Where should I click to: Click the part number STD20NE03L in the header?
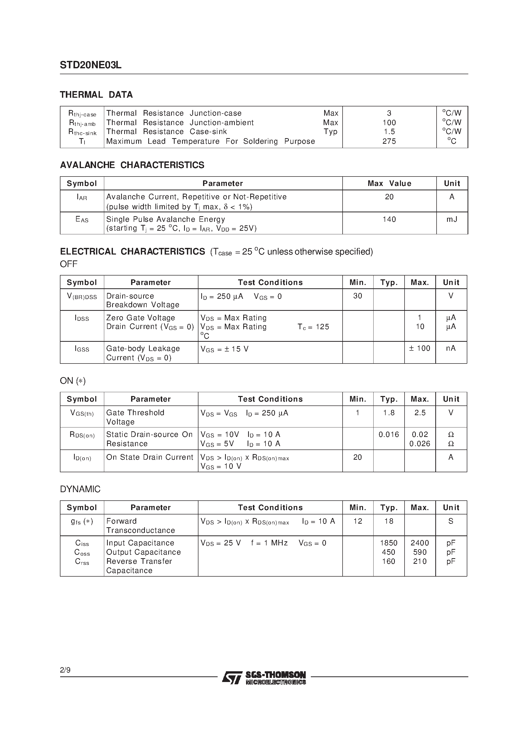pos(90,65)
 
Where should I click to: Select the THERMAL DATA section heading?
pos(96,95)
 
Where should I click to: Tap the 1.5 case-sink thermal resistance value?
pos(389,132)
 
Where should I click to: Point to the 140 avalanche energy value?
pos(389,219)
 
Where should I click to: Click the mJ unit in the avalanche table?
pos(452,219)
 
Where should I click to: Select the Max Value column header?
pos(389,183)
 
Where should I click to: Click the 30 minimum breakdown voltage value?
pos(357,296)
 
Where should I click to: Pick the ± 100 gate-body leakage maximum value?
pos(419,348)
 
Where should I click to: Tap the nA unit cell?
pos(451,348)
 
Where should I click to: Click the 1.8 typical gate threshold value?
pos(389,413)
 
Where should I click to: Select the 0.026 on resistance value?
pos(420,444)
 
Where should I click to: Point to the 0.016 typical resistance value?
pos(389,435)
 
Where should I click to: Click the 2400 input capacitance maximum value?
pos(420,543)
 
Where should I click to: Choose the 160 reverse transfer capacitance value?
pos(388,561)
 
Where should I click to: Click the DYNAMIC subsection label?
pos(80,489)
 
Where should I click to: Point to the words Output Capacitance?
pos(143,552)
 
